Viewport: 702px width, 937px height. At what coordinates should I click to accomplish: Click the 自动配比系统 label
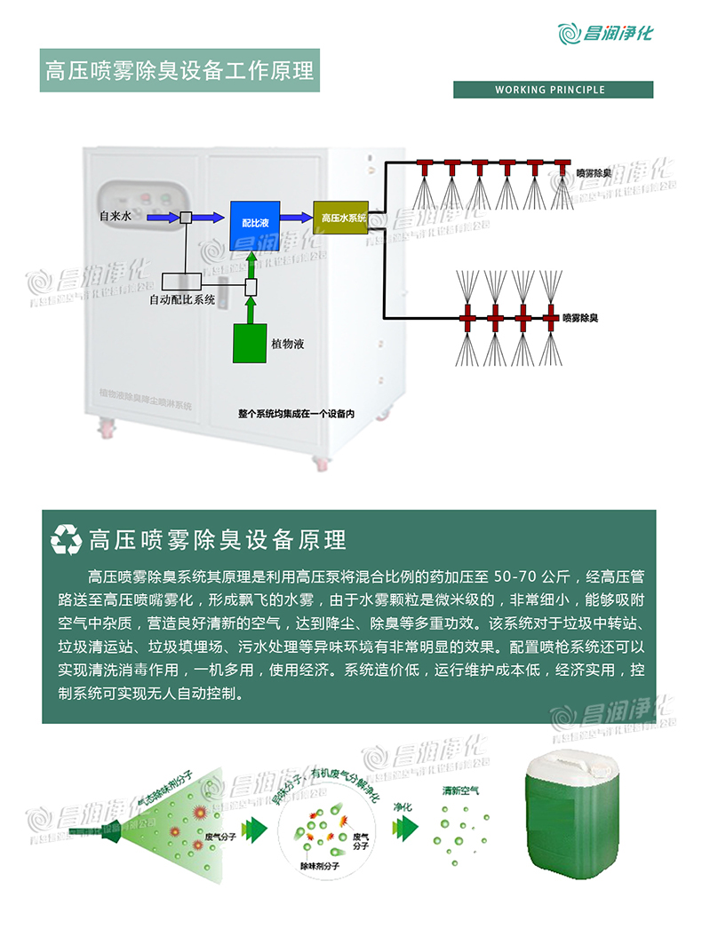182,300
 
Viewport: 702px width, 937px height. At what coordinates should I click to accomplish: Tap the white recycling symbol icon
67,539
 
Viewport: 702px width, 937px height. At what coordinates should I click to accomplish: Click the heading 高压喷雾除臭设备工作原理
180,71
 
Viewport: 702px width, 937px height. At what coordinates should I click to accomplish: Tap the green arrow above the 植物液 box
251,262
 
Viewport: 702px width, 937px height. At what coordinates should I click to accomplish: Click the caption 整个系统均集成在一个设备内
296,414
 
